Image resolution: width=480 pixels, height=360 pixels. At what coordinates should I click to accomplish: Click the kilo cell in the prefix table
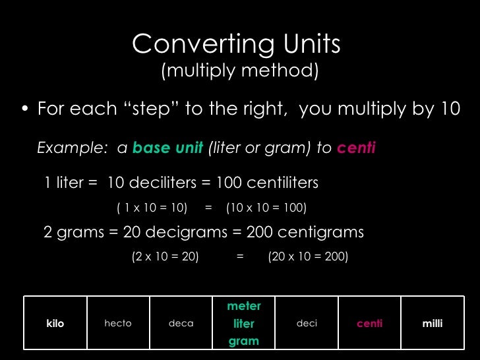click(x=55, y=324)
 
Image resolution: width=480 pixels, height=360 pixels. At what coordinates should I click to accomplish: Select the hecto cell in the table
click(x=118, y=324)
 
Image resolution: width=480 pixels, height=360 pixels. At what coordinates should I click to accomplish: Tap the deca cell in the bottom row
click(x=181, y=324)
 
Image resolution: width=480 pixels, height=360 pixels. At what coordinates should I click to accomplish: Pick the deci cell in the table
click(x=307, y=324)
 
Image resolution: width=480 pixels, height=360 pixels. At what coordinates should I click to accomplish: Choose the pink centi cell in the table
click(x=369, y=324)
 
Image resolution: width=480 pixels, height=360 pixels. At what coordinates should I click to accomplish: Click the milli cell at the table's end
click(x=433, y=324)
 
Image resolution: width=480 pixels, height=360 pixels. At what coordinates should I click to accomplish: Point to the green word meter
click(x=244, y=307)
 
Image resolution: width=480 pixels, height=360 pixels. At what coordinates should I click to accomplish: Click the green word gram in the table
click(x=244, y=341)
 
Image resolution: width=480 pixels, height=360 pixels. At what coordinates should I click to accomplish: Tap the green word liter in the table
click(x=244, y=324)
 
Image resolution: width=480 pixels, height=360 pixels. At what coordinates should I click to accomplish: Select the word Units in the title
click(x=304, y=45)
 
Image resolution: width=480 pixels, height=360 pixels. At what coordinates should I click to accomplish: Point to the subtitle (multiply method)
click(x=240, y=71)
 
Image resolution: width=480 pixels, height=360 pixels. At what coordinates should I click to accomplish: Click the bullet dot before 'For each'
click(x=24, y=109)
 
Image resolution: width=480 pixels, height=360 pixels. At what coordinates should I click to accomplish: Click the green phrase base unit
click(x=167, y=148)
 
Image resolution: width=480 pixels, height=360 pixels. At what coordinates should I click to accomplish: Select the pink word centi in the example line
click(x=356, y=148)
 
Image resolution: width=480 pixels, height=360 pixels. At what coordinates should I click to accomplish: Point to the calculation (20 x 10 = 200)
click(x=308, y=257)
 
